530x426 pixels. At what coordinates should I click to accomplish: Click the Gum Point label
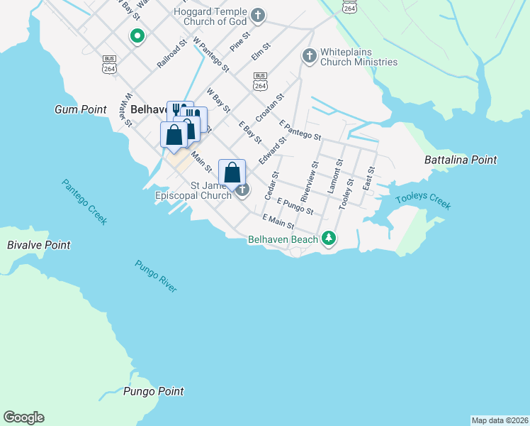[x=80, y=109]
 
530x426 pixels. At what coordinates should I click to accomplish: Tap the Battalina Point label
[x=461, y=160]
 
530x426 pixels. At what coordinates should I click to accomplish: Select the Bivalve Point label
[x=39, y=245]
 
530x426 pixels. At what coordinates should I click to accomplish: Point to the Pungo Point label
[x=153, y=391]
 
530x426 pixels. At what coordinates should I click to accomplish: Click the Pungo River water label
[x=156, y=276]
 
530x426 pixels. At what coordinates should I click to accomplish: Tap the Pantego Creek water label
[x=84, y=202]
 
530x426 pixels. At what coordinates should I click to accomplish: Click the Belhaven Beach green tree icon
[x=328, y=239]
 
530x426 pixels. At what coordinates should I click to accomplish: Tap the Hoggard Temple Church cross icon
[x=258, y=14]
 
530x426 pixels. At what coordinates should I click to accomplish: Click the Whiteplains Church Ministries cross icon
[x=308, y=55]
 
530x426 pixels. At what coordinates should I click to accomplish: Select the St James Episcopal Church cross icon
[x=243, y=190]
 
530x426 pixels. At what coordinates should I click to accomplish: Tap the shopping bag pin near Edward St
[x=232, y=172]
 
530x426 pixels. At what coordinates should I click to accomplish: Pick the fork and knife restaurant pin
[x=176, y=110]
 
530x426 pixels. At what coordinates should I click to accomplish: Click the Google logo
[x=23, y=417]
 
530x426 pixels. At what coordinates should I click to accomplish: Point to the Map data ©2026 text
[x=500, y=420]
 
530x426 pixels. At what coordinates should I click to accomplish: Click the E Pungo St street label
[x=295, y=207]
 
